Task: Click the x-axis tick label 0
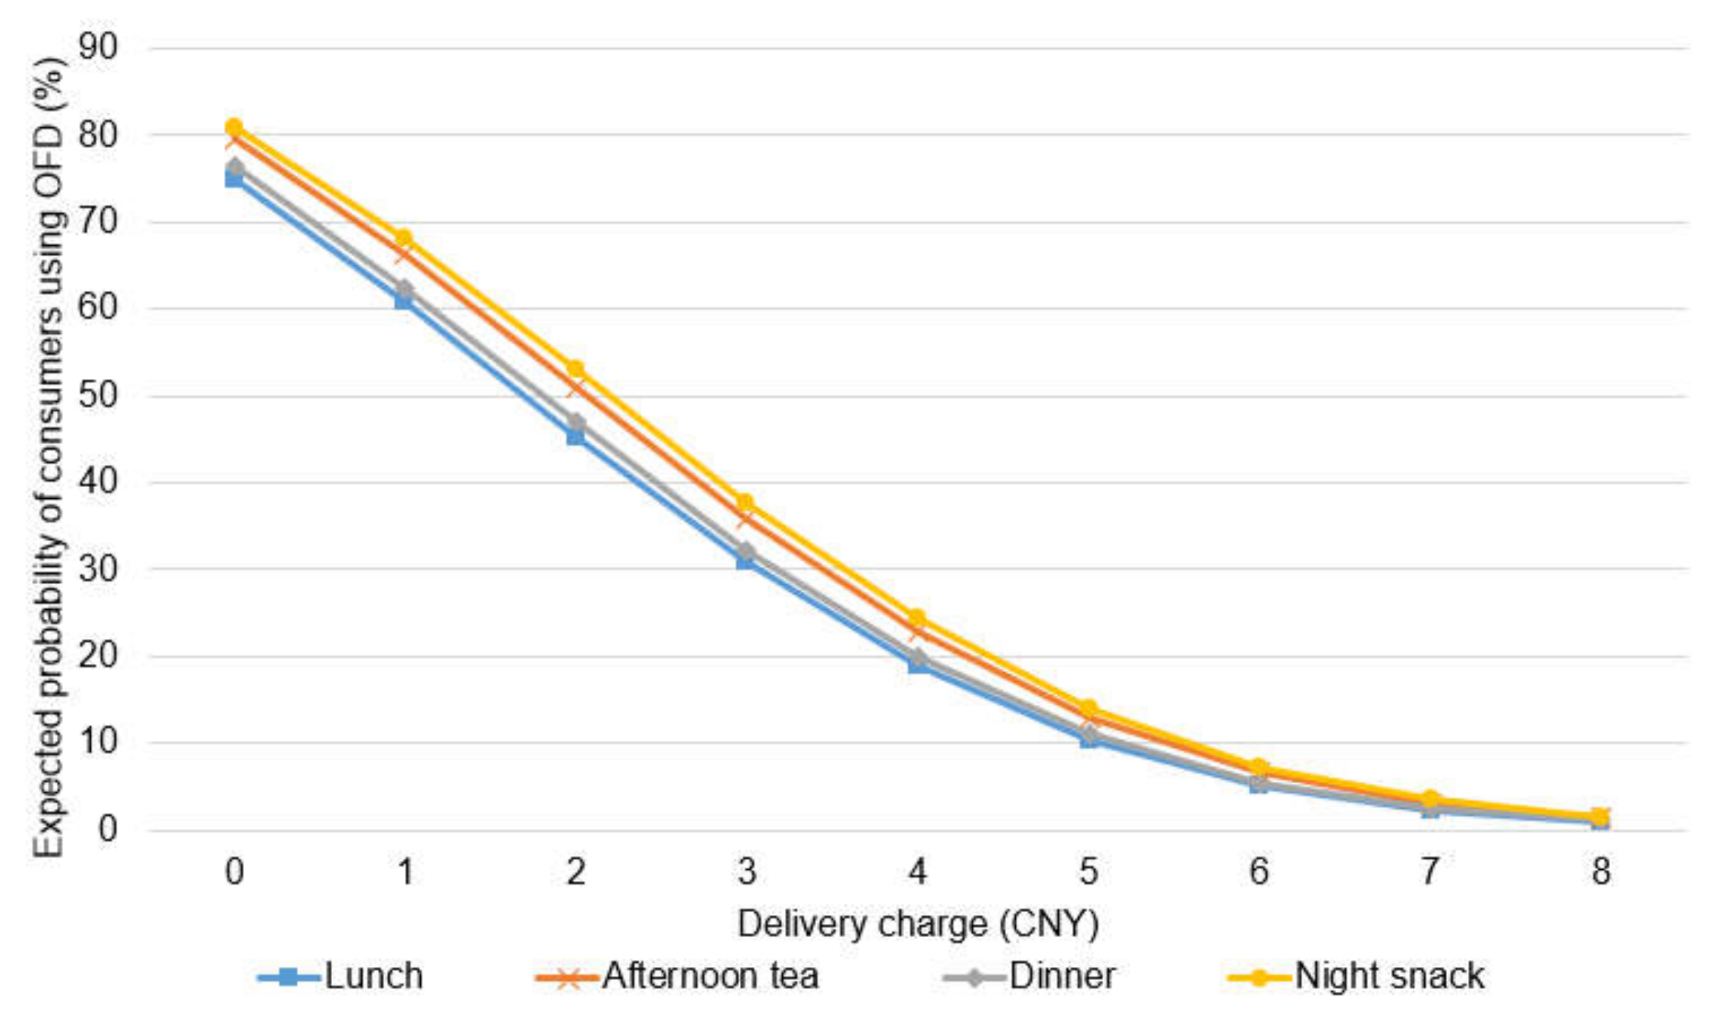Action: [234, 872]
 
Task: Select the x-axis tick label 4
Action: [917, 872]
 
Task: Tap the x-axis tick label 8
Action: [1600, 872]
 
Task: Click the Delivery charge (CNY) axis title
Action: [918, 925]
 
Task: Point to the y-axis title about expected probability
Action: [50, 457]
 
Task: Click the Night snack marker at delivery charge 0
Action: [234, 127]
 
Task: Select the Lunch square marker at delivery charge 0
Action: [234, 179]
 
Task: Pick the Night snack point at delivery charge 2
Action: [575, 370]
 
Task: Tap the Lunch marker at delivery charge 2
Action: [575, 436]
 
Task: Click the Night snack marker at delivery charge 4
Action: [917, 619]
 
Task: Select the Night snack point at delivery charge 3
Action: [746, 504]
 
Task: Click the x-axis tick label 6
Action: [1259, 872]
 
